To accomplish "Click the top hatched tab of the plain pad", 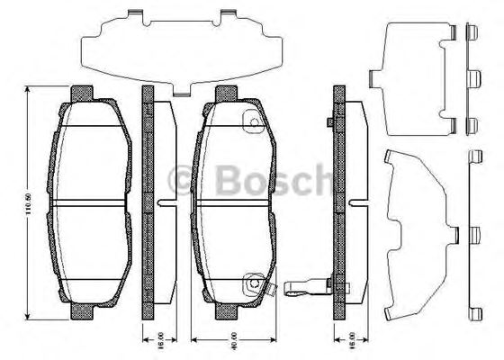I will coord(82,92).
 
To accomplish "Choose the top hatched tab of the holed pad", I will coord(223,92).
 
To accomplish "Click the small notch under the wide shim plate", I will coord(180,92).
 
